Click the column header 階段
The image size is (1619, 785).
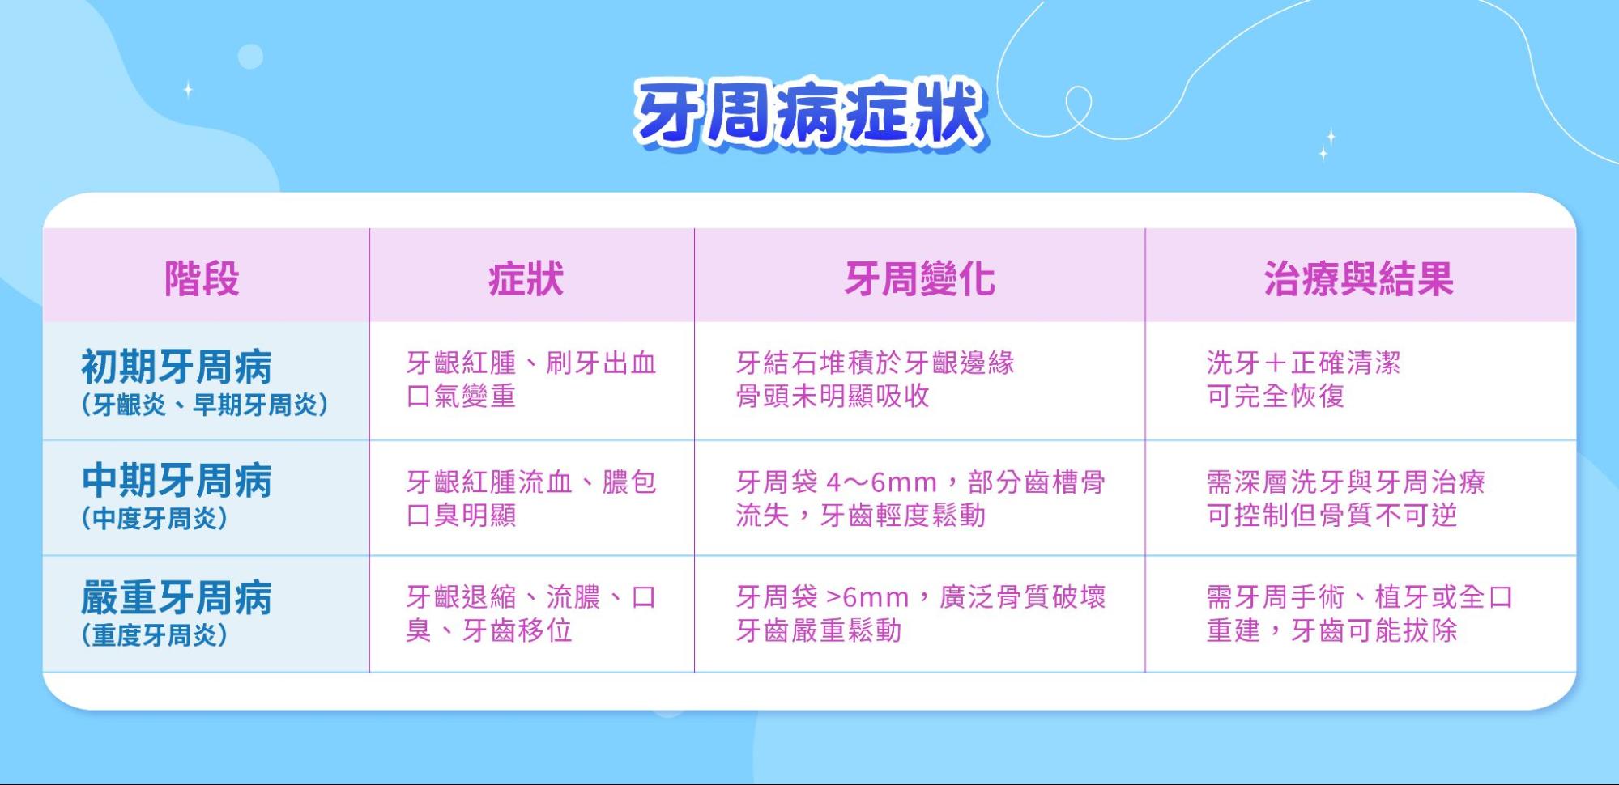coord(202,278)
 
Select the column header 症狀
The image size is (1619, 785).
coord(526,278)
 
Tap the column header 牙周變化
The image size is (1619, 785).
coord(919,278)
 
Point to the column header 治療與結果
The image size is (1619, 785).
coord(1359,278)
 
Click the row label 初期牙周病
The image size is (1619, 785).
coord(177,367)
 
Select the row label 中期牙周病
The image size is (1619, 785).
coord(177,481)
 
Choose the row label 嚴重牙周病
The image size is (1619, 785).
coord(177,598)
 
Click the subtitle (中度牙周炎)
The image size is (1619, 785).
coord(155,518)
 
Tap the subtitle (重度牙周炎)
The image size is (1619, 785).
coord(155,635)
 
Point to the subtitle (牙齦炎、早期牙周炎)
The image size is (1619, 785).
coord(205,404)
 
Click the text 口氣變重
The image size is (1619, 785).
coord(461,396)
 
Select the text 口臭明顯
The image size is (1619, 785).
coord(461,515)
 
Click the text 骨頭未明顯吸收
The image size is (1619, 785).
coord(833,396)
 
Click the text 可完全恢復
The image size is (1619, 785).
coord(1276,396)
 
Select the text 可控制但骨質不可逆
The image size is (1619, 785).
coord(1331,515)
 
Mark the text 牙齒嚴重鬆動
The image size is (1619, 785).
coord(819,630)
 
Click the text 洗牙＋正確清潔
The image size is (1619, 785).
coord(1303,363)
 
